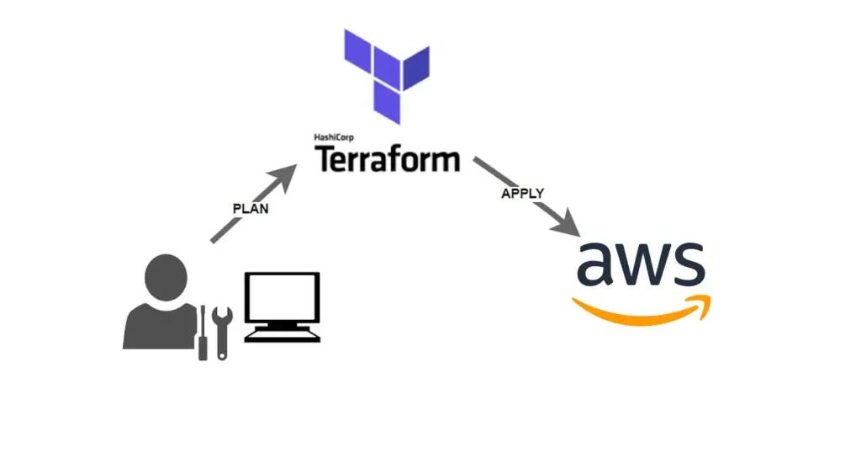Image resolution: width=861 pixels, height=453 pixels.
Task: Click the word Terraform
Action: click(x=388, y=158)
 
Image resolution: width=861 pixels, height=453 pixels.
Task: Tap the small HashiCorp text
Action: click(x=332, y=137)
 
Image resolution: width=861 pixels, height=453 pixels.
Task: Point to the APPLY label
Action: click(x=522, y=193)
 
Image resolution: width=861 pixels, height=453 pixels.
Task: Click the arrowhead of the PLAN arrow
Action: click(x=288, y=173)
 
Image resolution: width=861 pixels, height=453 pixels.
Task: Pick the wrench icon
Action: click(x=222, y=332)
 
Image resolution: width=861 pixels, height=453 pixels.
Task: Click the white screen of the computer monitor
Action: click(x=282, y=298)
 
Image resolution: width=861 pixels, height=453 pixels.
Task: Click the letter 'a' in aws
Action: click(x=599, y=264)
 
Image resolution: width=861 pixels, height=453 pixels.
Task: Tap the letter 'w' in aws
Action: click(x=645, y=264)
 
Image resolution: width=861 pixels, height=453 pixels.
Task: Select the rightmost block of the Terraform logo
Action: click(x=415, y=69)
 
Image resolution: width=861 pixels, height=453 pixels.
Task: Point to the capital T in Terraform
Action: click(x=325, y=158)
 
